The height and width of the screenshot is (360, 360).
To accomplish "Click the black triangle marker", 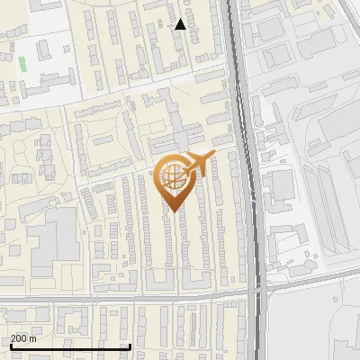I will tap(181, 24).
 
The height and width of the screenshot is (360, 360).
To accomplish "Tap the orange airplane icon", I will tap(197, 164).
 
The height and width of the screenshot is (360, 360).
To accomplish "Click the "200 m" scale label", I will tap(23, 338).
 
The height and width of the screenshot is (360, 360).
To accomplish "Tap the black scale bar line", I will tap(70, 346).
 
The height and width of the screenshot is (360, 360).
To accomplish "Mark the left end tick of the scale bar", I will tap(10, 346).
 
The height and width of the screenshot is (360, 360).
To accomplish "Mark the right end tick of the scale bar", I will tap(130, 346).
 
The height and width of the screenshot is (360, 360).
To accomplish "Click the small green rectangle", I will tap(22, 64).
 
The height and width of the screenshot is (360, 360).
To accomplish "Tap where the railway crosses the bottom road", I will tap(257, 290).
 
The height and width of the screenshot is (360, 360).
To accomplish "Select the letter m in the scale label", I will tap(33, 338).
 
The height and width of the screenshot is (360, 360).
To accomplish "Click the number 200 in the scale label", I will tap(19, 338).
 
